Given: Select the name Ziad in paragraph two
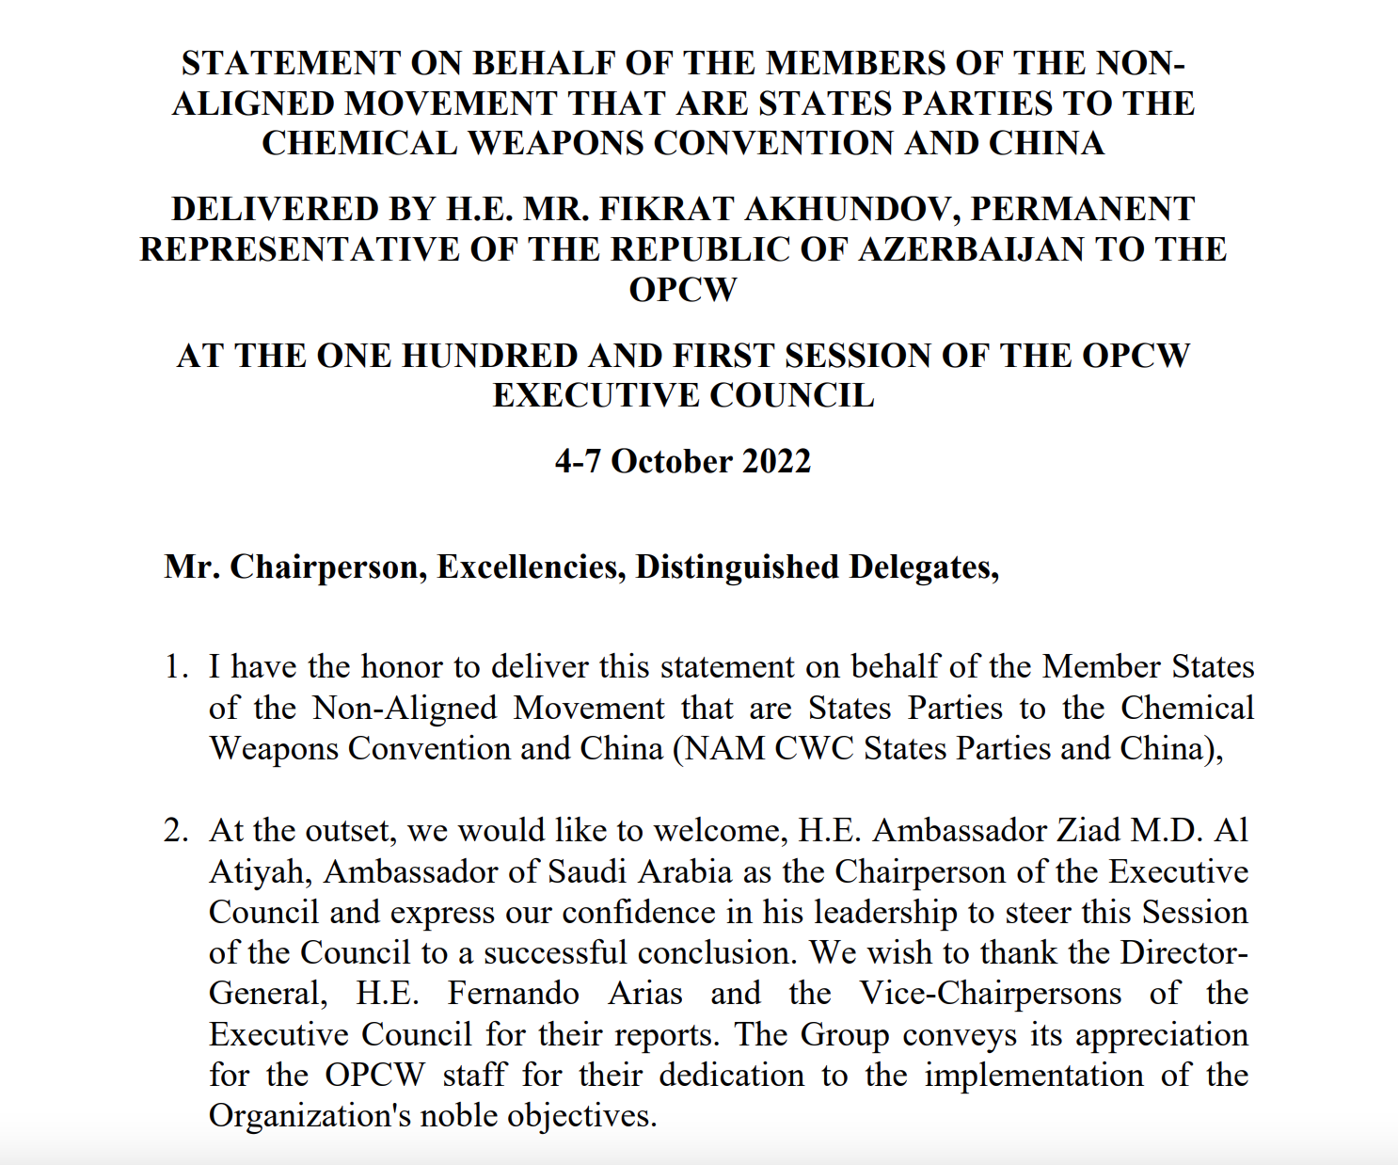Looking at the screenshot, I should pyautogui.click(x=1089, y=831).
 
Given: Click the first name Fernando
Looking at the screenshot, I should pyautogui.click(x=513, y=994).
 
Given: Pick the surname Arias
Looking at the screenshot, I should pyautogui.click(x=644, y=994).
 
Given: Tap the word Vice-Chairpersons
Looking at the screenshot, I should pyautogui.click(x=991, y=994).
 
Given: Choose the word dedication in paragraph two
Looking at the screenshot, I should pyautogui.click(x=731, y=1076).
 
